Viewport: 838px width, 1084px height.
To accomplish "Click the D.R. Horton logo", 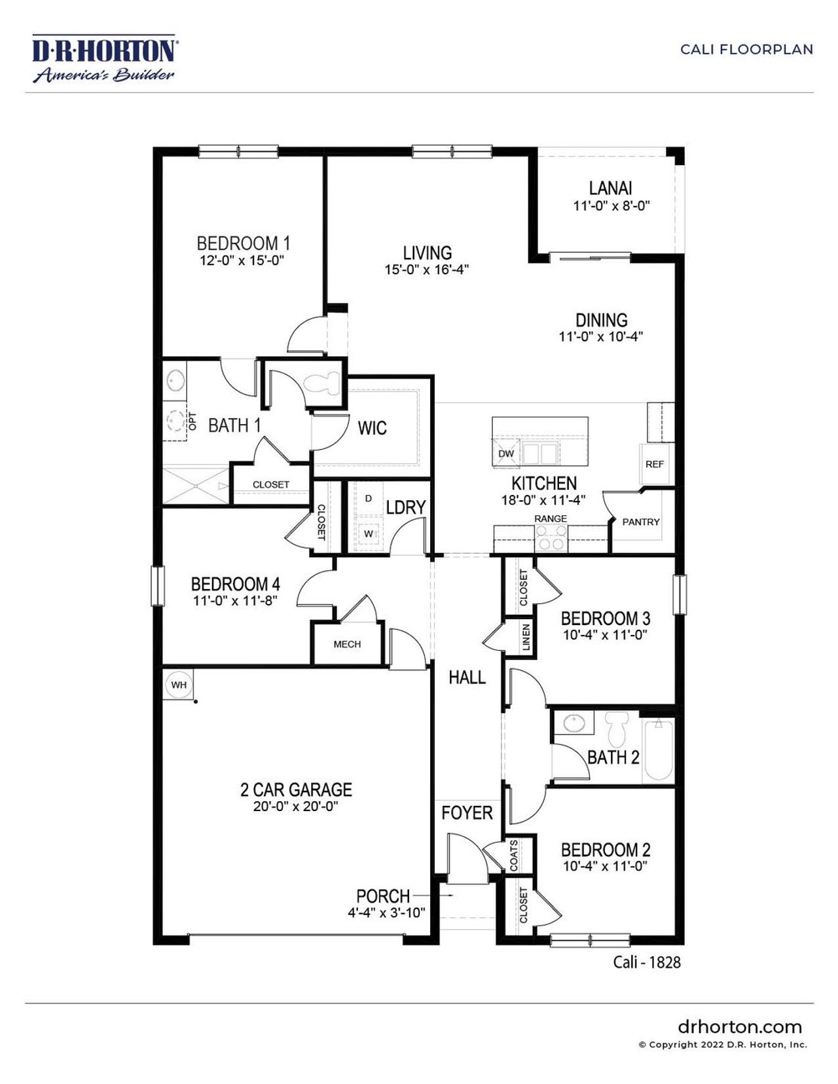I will point(103,59).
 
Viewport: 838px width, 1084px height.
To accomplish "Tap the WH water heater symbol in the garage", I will point(178,685).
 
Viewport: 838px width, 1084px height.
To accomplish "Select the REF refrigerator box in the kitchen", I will point(655,464).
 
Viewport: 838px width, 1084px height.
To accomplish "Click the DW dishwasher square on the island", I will point(506,453).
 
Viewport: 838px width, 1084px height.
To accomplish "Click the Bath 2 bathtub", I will point(659,750).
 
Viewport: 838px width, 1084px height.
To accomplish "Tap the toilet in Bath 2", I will point(617,729).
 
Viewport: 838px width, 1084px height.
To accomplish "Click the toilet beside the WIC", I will point(325,383).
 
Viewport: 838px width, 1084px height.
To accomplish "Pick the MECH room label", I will point(347,644).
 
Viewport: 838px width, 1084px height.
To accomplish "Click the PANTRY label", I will point(641,522).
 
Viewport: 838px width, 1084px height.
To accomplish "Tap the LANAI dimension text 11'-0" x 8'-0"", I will point(611,206).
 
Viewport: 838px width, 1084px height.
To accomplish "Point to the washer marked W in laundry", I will point(368,533).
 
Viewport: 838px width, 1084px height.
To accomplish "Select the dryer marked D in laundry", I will point(368,499).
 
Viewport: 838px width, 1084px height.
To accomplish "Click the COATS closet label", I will point(513,856).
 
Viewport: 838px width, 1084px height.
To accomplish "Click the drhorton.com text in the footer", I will point(740,1027).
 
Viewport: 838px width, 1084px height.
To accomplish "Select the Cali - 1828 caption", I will point(647,962).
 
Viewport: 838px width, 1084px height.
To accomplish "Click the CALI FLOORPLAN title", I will point(746,49).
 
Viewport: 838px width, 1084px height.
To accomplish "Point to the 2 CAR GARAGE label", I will point(296,789).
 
